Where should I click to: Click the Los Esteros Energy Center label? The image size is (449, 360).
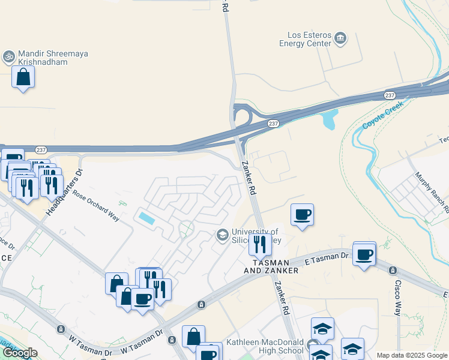(305, 39)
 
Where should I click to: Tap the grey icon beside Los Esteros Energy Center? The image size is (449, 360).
(340, 39)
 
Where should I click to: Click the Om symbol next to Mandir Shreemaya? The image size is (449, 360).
(8, 57)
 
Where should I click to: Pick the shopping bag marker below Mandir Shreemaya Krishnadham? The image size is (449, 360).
(23, 77)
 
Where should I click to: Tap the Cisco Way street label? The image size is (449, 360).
(397, 298)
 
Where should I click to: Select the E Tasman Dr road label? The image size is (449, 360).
(327, 258)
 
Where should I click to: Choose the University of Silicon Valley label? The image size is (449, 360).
(255, 236)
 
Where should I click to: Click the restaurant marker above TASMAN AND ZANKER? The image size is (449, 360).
(260, 244)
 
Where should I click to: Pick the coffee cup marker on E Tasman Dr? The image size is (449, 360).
(364, 254)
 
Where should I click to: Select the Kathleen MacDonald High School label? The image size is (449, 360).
(265, 347)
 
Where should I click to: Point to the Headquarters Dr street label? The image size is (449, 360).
(67, 181)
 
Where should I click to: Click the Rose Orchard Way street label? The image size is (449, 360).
(96, 203)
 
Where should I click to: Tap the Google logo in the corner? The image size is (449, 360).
(20, 353)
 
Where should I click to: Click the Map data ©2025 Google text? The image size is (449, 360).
(411, 355)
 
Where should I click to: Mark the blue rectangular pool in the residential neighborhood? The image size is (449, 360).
(147, 218)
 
